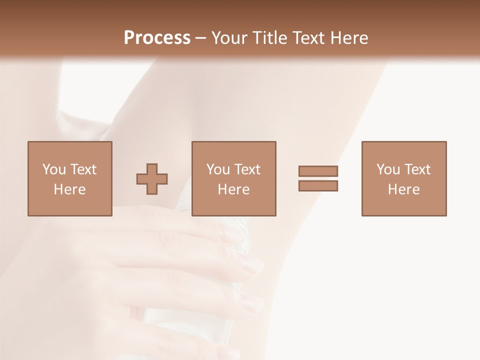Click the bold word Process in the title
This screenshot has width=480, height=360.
click(157, 38)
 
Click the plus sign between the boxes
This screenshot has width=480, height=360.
click(152, 179)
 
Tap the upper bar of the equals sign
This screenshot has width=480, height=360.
click(318, 171)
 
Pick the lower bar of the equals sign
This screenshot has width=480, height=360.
click(318, 185)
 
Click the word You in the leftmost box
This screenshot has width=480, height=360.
click(54, 169)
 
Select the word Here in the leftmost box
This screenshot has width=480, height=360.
click(69, 189)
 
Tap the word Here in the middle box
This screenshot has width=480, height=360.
click(233, 189)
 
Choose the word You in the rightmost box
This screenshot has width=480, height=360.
click(388, 169)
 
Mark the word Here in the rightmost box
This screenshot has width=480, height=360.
click(403, 189)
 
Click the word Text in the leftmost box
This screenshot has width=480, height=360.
click(83, 169)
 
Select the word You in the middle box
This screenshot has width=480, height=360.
click(218, 169)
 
